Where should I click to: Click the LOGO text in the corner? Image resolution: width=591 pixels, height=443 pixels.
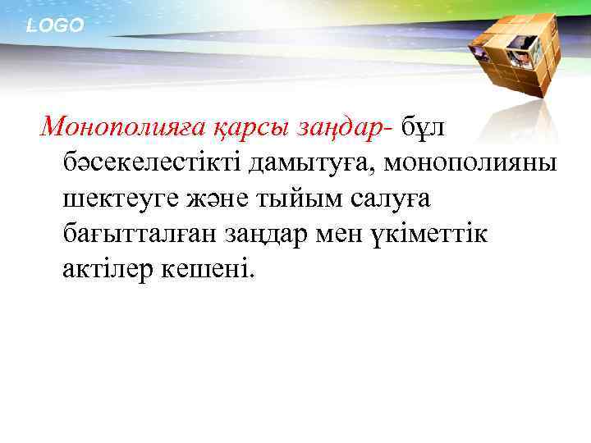tap(55, 26)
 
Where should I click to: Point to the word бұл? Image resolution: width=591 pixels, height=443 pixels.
tap(421, 126)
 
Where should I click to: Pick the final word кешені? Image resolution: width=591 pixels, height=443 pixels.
tap(215, 271)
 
